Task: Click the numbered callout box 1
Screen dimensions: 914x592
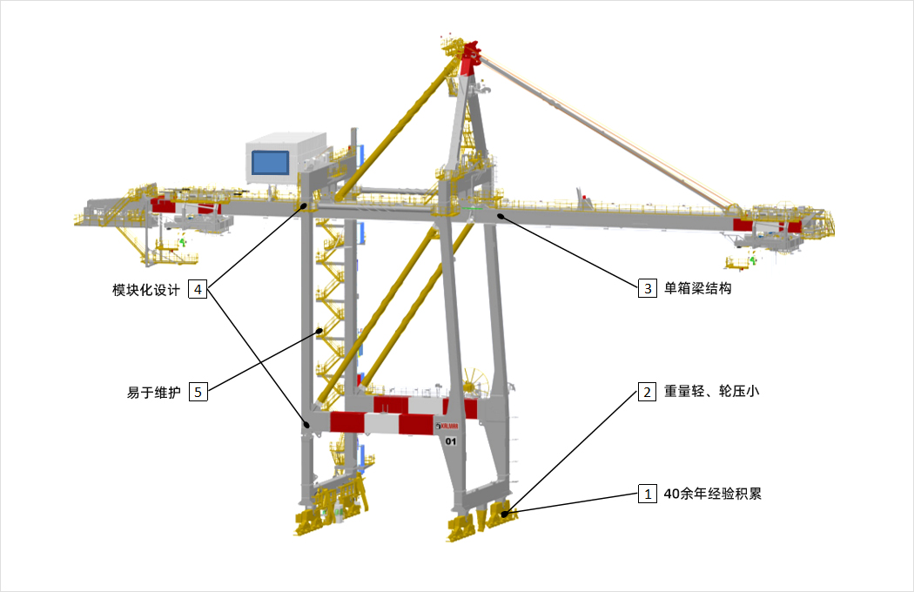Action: [648, 494]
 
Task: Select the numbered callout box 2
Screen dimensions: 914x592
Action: [647, 392]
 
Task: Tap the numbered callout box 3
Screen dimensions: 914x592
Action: [648, 288]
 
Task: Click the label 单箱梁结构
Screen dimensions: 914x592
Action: [698, 288]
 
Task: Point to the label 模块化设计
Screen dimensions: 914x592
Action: [146, 290]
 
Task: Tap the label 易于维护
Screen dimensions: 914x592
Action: [154, 393]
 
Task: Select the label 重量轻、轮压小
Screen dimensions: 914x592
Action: [712, 392]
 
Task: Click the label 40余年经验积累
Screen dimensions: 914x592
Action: [712, 494]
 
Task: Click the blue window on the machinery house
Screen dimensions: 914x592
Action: [270, 163]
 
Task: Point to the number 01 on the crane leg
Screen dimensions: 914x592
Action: [451, 441]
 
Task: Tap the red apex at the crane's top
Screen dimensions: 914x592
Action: [469, 57]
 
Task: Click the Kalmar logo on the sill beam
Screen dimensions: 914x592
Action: [447, 427]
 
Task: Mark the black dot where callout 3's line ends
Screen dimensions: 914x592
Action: [500, 216]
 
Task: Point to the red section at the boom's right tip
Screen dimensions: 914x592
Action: [767, 225]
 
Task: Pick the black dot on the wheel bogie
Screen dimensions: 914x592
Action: [505, 514]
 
